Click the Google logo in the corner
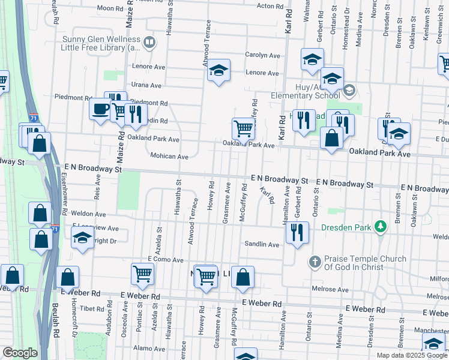click(20, 353)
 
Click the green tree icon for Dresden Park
click(379, 227)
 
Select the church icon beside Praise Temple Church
click(315, 262)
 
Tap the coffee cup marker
click(100, 110)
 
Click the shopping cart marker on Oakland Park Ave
click(243, 128)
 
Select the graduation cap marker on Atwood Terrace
click(219, 71)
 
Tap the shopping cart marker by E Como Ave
click(143, 274)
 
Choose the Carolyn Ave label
click(262, 55)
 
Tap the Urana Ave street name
click(147, 86)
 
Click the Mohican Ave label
click(172, 157)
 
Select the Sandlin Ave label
click(262, 245)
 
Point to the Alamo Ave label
click(145, 348)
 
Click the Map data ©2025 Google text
click(412, 355)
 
